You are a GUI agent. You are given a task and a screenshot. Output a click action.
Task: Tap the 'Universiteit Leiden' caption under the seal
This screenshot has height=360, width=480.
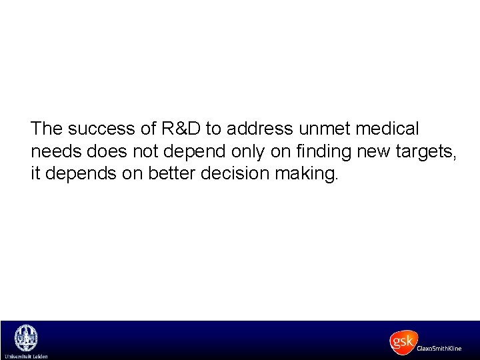[x=26, y=356]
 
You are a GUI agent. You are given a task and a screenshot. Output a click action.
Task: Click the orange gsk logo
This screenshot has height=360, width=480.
[x=403, y=342]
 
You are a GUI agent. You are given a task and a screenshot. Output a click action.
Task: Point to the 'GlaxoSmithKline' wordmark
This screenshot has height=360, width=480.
[x=439, y=349]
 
